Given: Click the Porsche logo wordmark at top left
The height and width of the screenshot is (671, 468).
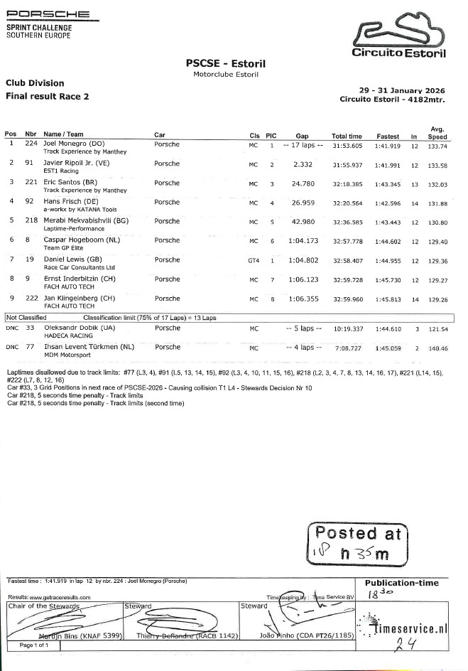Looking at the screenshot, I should coord(48,14).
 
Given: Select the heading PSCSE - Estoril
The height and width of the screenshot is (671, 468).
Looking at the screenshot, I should coord(226,64).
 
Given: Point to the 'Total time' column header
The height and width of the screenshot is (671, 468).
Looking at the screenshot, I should coord(347,136).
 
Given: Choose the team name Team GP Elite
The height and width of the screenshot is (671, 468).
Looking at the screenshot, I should coord(61,249).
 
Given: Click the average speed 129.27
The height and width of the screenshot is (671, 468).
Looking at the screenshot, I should coord(437,281).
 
